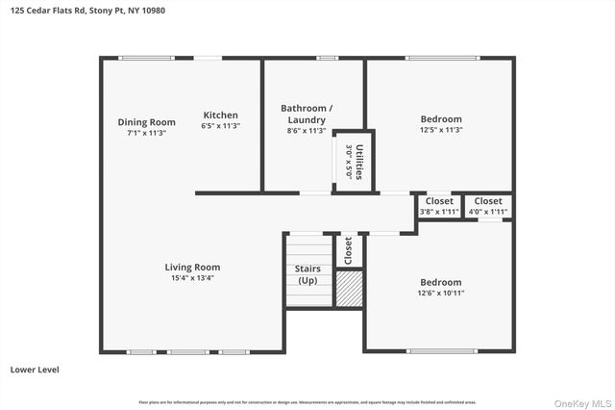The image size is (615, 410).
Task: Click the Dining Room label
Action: coord(146,121)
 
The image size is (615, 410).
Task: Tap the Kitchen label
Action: coord(220,115)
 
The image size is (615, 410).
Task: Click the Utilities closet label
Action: coord(355,162)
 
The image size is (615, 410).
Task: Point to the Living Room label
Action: coord(193,267)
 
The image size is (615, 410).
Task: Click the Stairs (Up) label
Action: coord(307,274)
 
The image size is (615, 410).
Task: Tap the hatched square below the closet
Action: coord(348,289)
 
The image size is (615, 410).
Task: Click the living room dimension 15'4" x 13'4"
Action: coord(193,278)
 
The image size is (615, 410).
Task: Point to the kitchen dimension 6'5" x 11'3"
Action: coord(220,126)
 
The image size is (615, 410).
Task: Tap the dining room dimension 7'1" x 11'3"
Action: coord(146,133)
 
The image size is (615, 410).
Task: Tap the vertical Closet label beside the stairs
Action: coord(348,250)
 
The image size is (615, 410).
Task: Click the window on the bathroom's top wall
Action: coord(328,58)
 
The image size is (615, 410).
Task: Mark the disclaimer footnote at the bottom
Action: coord(307,401)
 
